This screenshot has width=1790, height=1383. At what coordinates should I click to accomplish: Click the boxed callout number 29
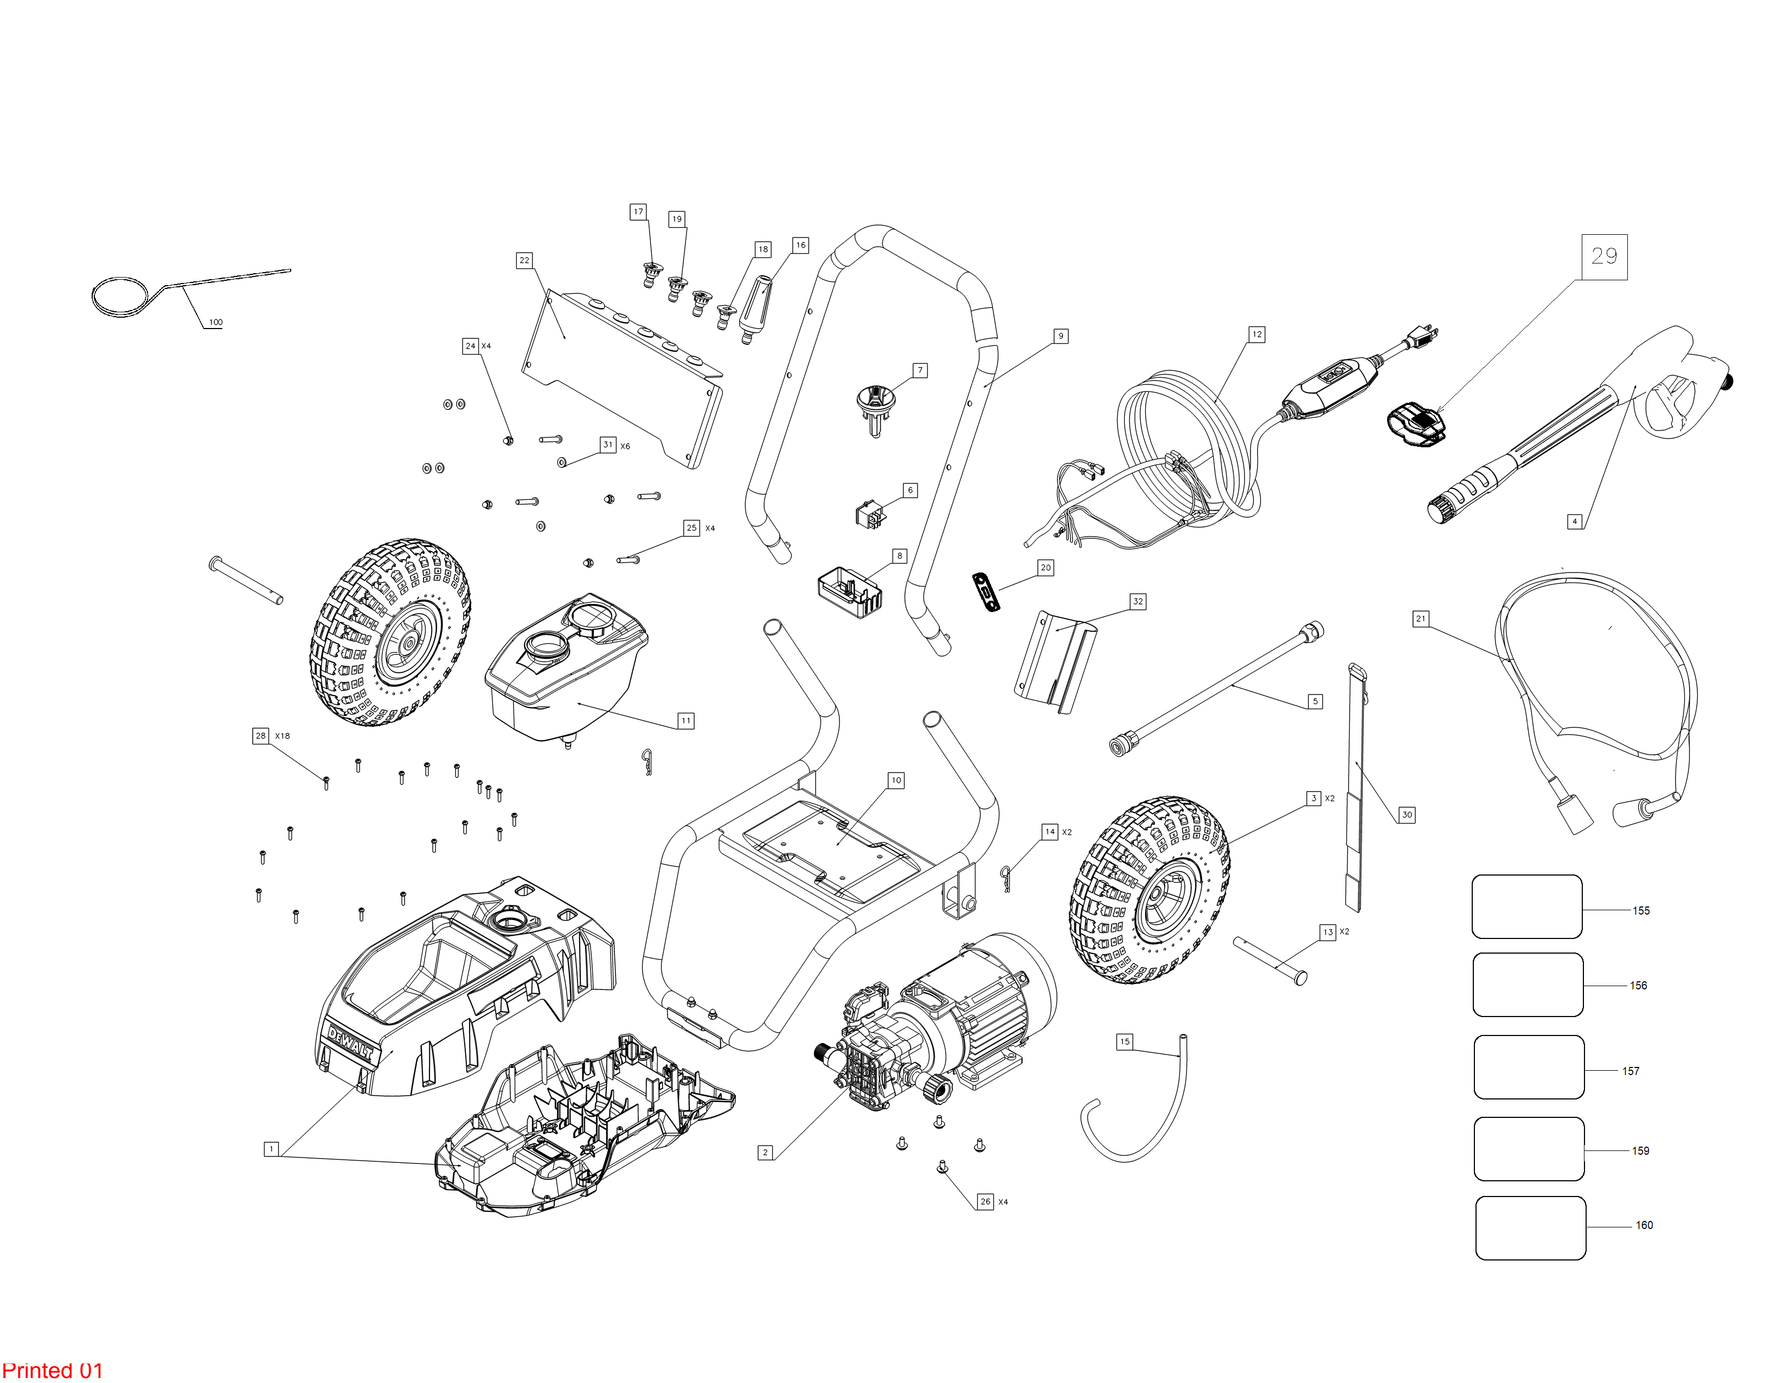1604,256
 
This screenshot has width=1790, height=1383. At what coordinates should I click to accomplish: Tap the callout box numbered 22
524,261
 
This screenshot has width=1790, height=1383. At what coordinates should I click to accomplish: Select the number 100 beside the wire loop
216,322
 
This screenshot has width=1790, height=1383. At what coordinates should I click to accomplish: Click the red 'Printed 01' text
53,1371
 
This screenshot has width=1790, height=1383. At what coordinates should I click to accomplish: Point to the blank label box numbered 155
1527,906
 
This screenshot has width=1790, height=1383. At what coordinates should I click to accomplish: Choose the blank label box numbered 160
1530,1228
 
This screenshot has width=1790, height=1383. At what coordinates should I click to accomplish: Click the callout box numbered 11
686,721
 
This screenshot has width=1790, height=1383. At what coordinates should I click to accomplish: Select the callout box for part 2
766,1153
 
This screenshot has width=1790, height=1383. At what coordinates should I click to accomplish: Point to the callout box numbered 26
985,1201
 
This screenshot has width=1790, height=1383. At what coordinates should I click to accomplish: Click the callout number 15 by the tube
1125,1041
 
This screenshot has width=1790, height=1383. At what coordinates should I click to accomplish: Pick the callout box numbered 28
261,736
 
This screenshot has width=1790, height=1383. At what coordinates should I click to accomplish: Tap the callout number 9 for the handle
1061,336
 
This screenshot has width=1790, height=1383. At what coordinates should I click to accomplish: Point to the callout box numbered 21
1421,619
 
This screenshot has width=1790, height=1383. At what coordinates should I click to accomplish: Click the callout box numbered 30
1407,814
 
